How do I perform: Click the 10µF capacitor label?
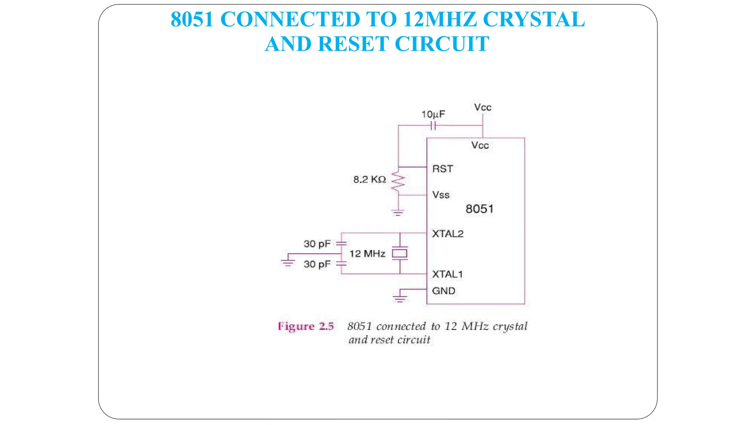433,114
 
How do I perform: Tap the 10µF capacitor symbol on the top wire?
433,126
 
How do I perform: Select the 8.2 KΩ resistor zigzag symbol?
398,181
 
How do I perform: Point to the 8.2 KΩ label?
370,180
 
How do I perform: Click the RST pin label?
443,169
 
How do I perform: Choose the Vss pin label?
441,195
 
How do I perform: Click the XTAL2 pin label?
447,234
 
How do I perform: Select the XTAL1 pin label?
447,274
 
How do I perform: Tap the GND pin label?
443,291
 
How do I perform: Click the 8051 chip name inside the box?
479,209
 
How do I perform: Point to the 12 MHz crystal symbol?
400,253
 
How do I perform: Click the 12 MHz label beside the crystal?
367,254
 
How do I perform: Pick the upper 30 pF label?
317,244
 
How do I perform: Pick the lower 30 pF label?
317,264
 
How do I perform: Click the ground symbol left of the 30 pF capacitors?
288,262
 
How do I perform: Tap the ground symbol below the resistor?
398,212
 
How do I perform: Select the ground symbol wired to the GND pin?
400,298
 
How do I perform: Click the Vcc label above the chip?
482,107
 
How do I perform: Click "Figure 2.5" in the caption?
306,326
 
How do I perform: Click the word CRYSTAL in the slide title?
533,19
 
